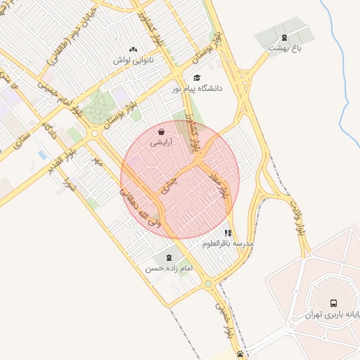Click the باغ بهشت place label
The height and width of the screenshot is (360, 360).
[283, 48]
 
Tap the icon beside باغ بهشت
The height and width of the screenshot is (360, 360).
[284, 38]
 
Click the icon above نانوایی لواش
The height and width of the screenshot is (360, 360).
[134, 49]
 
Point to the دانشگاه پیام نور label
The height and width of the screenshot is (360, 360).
[197, 89]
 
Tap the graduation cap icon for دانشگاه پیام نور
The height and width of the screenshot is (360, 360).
[197, 78]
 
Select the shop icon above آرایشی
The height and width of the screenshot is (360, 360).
[162, 131]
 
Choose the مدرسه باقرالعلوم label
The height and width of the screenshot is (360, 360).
[227, 243]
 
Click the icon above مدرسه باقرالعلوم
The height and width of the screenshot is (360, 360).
[228, 233]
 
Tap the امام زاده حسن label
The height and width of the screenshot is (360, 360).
[169, 269]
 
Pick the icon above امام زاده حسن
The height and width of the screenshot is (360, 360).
[169, 258]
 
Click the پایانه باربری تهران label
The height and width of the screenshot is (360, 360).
[330, 314]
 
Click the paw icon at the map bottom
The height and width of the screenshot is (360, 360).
[241, 354]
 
